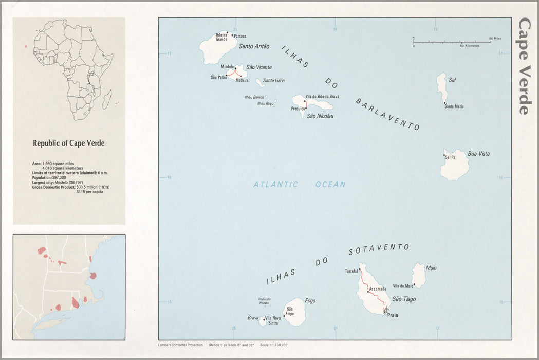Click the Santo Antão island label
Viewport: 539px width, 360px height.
point(254,46)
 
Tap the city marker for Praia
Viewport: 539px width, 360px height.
point(385,311)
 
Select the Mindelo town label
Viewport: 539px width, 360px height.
point(227,67)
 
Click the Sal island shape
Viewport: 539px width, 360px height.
point(441,85)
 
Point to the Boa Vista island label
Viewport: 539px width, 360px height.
point(478,154)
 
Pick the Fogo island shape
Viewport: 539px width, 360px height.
point(294,312)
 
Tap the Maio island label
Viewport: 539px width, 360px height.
point(431,268)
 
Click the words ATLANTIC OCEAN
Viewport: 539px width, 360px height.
point(300,184)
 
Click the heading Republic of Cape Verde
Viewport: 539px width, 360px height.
point(68,143)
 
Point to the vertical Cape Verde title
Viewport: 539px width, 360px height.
point(524,66)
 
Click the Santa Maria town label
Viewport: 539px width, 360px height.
point(454,106)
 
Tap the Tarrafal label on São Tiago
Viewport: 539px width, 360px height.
point(351,271)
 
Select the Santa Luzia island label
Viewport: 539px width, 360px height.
point(273,81)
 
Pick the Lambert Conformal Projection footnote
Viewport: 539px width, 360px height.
point(181,345)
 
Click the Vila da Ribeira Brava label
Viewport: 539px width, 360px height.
point(322,97)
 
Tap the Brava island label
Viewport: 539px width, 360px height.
point(253,318)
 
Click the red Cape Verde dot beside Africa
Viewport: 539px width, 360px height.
point(26,46)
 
